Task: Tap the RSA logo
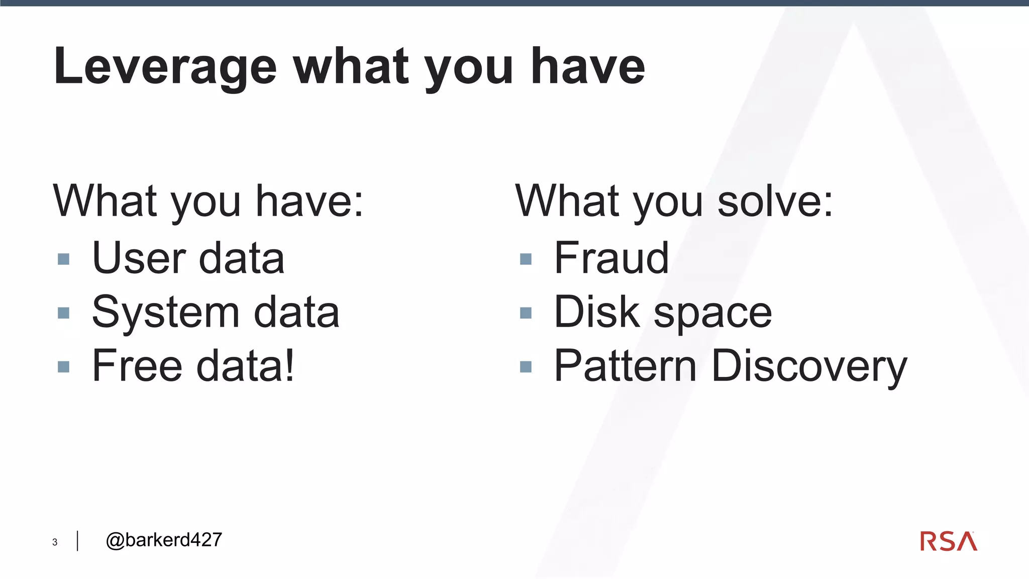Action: (x=948, y=541)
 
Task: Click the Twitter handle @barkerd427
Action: (x=164, y=540)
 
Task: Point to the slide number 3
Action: (x=55, y=542)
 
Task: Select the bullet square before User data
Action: (x=63, y=259)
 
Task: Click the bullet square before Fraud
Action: (x=526, y=259)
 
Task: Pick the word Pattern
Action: (x=625, y=366)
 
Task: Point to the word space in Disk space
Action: (x=712, y=314)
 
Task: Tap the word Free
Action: (x=137, y=366)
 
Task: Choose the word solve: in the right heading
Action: (x=775, y=201)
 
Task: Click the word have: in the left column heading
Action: (x=310, y=201)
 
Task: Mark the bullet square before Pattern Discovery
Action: (x=526, y=367)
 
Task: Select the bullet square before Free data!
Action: (x=63, y=367)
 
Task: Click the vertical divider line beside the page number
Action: (x=77, y=541)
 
